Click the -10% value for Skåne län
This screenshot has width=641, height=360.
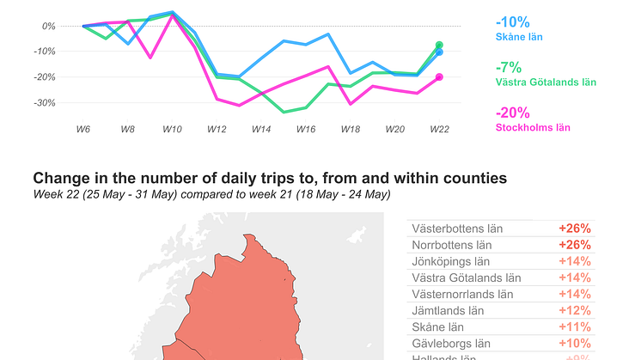click(x=512, y=22)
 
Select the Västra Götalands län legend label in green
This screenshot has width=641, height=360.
click(x=546, y=82)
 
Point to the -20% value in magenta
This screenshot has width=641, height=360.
click(x=512, y=113)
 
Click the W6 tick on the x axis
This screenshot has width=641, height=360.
click(x=82, y=128)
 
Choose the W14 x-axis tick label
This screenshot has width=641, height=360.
click(x=260, y=128)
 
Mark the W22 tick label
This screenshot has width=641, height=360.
click(x=439, y=128)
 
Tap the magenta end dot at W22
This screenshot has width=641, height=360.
click(x=439, y=77)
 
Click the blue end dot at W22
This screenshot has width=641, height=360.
click(x=439, y=52)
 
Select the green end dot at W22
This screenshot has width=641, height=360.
click(x=439, y=45)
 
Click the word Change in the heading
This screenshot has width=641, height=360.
click(x=60, y=178)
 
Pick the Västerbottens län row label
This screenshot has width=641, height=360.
click(x=457, y=229)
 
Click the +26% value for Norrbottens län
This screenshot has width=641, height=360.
click(x=574, y=245)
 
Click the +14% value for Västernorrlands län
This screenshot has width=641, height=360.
click(x=574, y=294)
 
